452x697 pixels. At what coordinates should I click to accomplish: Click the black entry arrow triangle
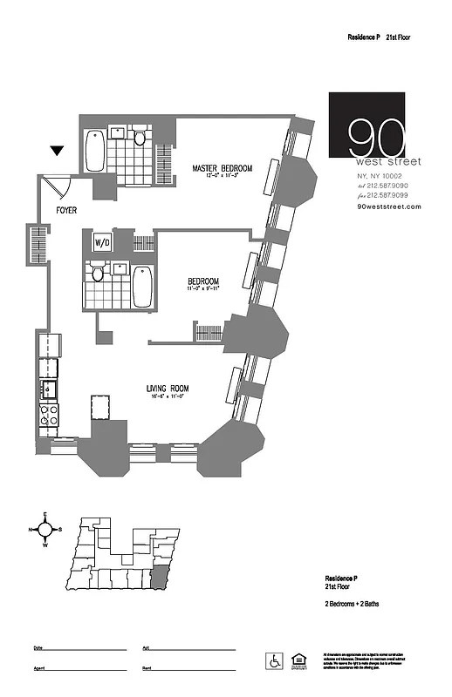pos(58,152)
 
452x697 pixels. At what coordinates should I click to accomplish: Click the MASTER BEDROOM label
pos(223,167)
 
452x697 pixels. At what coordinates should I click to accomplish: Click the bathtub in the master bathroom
pos(95,151)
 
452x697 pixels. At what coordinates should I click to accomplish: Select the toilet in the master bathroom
pos(138,137)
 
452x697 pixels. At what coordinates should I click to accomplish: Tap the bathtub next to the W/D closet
pos(142,285)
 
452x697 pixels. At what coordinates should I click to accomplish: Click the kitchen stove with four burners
pos(49,416)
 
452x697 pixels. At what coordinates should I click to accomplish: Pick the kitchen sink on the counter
pos(49,389)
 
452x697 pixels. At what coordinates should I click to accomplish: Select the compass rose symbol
pos(45,529)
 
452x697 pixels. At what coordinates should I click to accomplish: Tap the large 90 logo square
pos(366,130)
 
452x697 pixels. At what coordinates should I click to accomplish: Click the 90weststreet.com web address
pos(389,206)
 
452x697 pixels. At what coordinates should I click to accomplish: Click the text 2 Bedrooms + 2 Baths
pos(352,604)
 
